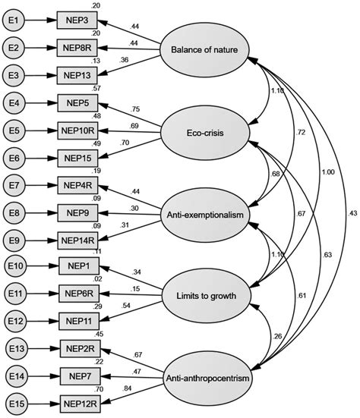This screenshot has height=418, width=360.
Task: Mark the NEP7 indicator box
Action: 80,376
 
